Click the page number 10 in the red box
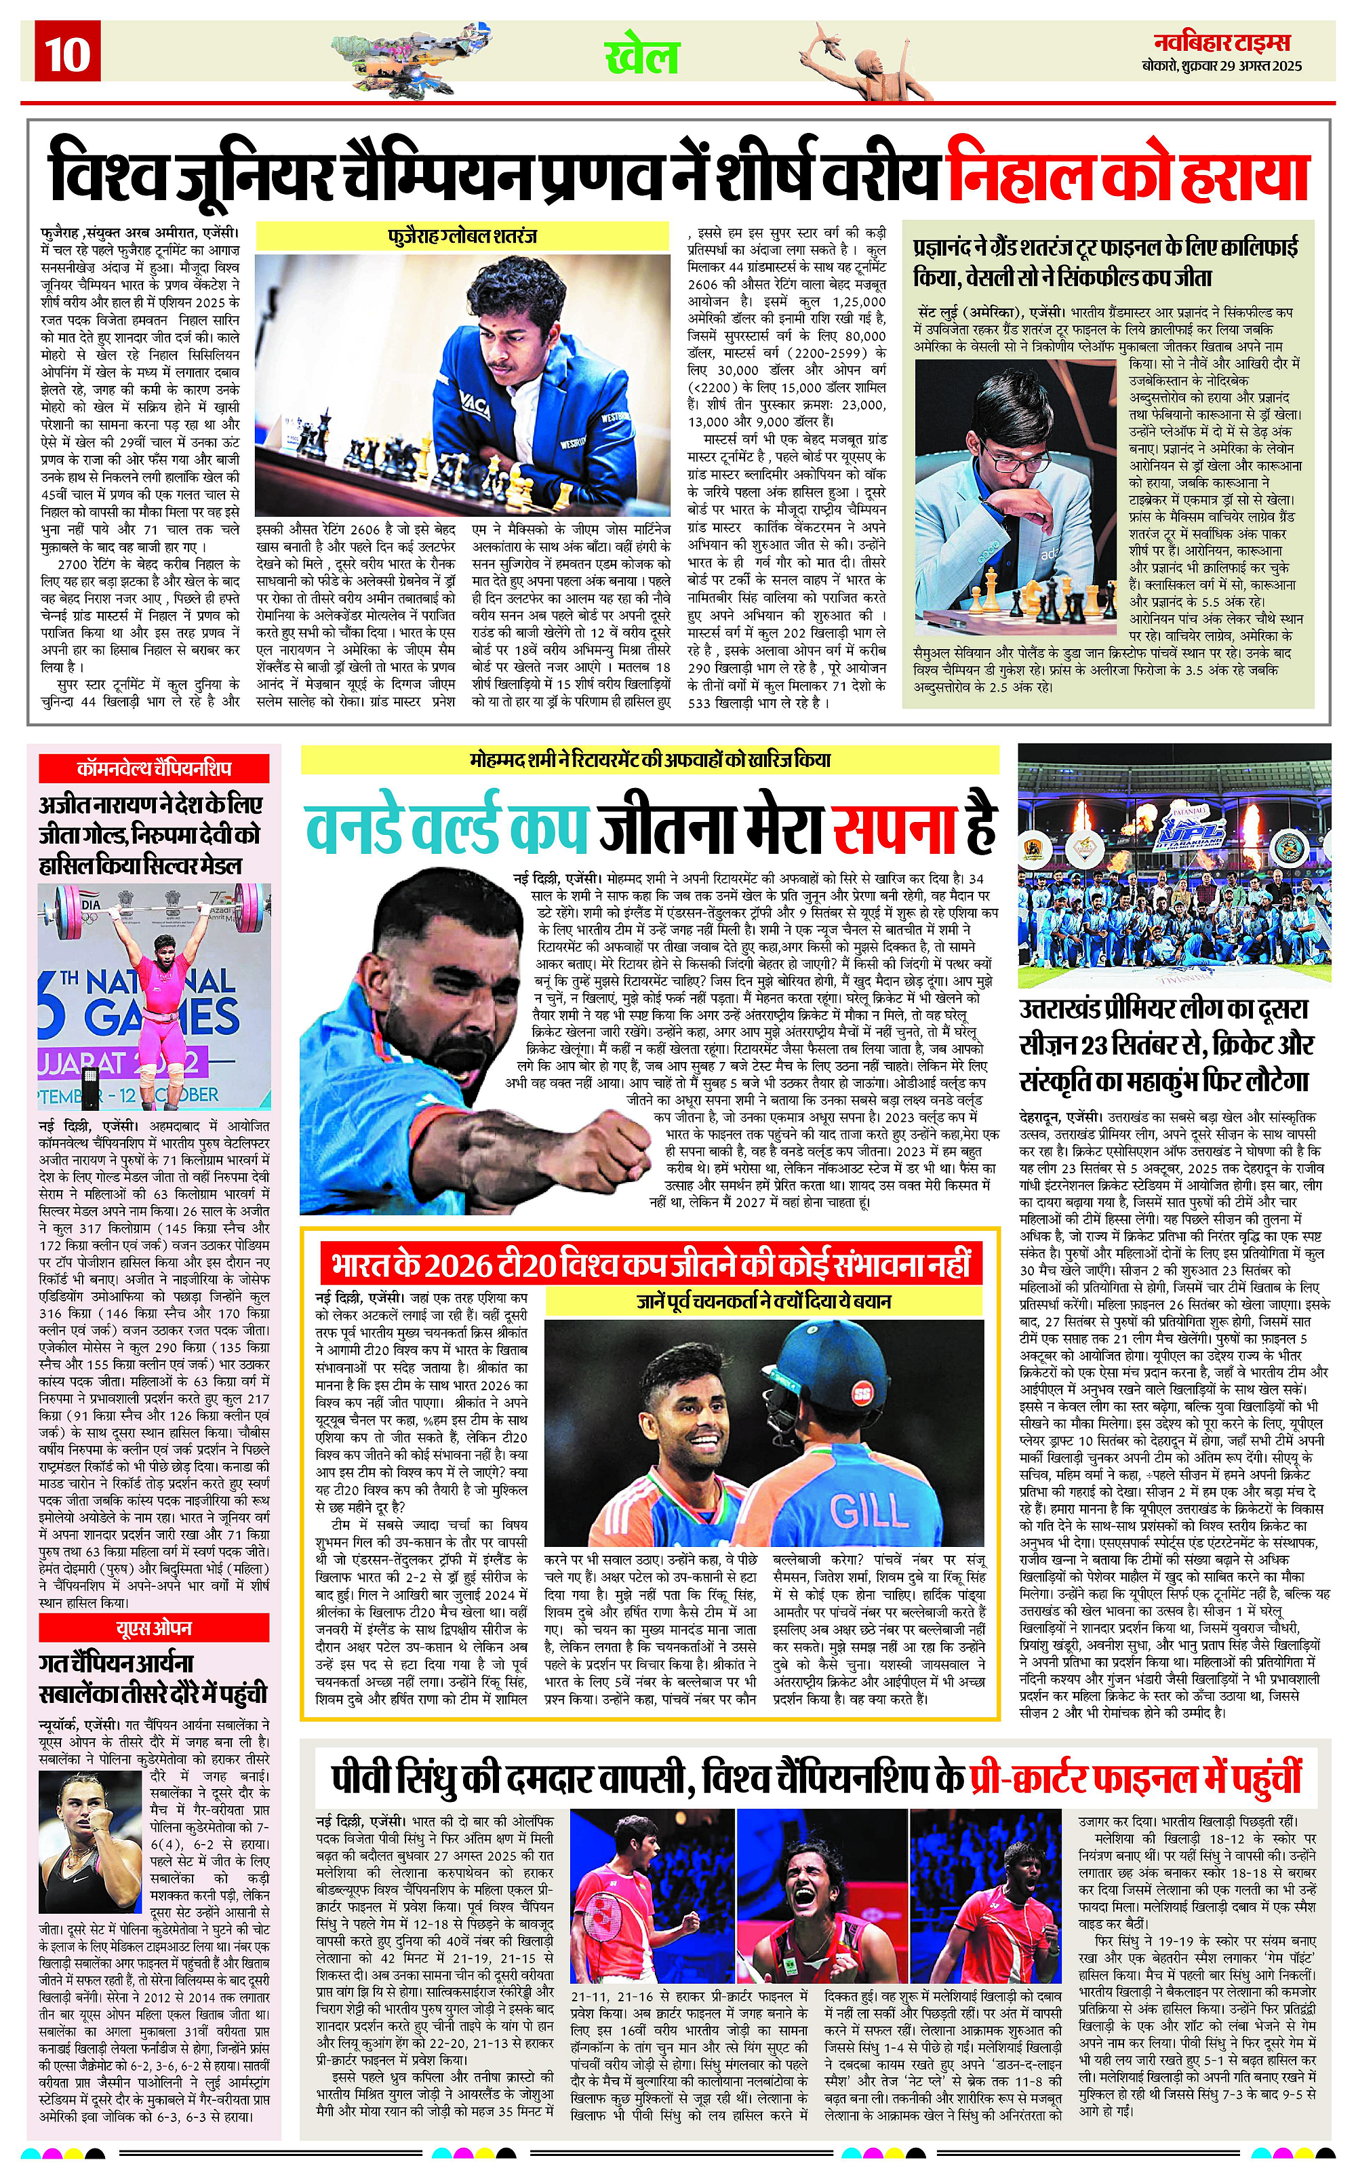pos(67,54)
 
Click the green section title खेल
pos(642,58)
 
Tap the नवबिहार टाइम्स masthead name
pos(1222,42)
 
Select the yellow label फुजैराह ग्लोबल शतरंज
pos(463,237)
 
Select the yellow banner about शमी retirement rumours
pos(650,760)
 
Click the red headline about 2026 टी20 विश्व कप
pos(650,1265)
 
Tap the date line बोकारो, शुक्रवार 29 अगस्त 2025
pos(1222,66)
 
